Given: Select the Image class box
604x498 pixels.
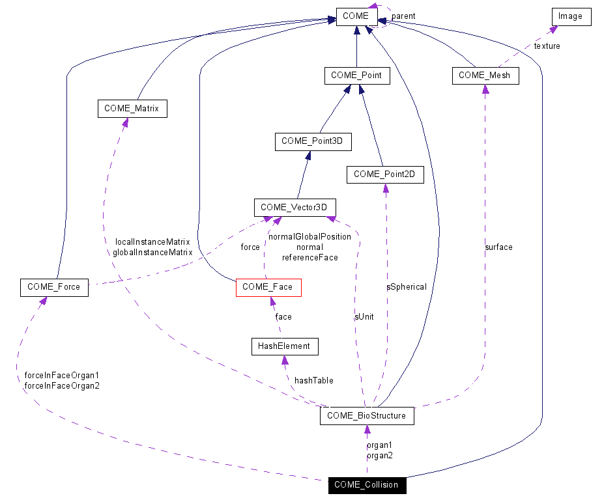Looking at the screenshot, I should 571,16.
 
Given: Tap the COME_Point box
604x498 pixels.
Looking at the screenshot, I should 357,76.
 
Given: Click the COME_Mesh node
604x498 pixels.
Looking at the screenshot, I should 485,76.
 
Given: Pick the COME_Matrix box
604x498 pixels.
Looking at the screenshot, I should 132,109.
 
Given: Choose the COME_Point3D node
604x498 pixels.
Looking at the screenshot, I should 312,141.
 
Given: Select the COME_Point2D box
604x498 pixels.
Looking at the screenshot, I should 384,174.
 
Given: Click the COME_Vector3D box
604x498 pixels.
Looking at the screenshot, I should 298,208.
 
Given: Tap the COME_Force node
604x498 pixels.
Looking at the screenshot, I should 54,287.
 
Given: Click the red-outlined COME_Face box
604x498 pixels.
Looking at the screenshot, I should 268,287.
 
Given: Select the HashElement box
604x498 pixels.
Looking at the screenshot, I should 285,346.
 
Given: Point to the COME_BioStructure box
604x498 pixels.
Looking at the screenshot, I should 366,416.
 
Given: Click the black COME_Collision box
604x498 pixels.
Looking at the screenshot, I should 366,485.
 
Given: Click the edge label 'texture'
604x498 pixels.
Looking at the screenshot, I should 547,46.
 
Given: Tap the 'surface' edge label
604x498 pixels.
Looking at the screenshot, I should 498,247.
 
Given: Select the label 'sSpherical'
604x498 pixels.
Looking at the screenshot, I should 407,286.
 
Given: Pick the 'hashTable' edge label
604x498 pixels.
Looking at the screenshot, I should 313,380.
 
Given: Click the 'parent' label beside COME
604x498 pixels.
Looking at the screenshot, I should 403,16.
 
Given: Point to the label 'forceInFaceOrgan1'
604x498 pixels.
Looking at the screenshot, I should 61,376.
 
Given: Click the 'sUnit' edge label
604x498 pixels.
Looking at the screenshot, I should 364,317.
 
